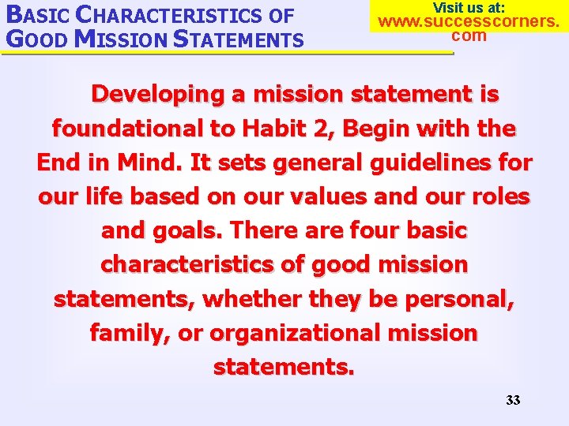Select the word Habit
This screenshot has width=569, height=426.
click(274, 128)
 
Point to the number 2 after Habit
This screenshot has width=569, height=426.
click(318, 128)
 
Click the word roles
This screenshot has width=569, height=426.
click(498, 196)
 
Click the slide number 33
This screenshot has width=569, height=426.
click(513, 400)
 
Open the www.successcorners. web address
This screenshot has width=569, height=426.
click(469, 21)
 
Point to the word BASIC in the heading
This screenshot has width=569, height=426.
click(39, 15)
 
